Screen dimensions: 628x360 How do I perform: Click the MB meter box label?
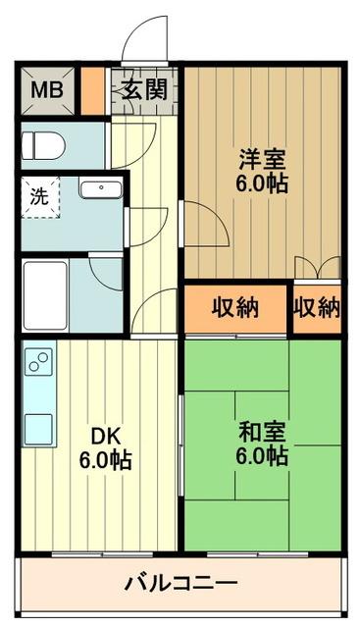(44, 90)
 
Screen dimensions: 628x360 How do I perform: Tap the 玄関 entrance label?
(144, 90)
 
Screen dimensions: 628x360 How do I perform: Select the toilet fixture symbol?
(43, 146)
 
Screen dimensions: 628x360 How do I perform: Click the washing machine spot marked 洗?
(40, 195)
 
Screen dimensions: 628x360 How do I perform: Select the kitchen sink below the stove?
(39, 427)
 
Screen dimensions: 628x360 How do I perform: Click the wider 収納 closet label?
(235, 308)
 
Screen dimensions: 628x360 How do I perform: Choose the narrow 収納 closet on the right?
(316, 308)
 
